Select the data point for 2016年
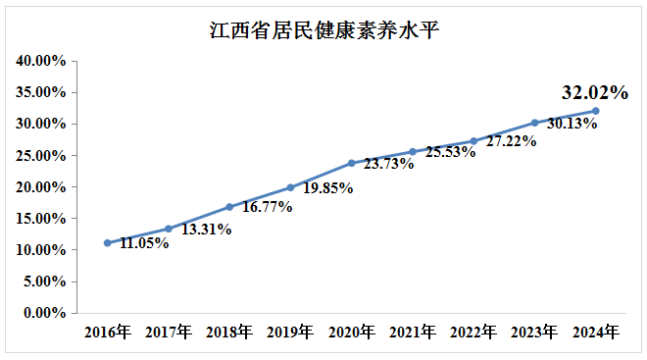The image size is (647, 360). [107, 243]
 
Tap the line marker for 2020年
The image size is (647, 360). [351, 163]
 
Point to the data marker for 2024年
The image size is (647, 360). [595, 111]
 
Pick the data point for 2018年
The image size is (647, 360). [229, 207]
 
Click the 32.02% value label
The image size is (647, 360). [594, 93]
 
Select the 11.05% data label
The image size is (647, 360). [144, 243]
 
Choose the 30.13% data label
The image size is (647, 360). [572, 125]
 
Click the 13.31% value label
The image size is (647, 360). [206, 230]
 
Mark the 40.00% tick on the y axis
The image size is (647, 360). [41, 61]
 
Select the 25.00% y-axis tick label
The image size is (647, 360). [41, 156]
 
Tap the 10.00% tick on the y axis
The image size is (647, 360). [41, 250]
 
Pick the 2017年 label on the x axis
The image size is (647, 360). [169, 333]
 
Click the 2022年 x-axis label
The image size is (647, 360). [473, 333]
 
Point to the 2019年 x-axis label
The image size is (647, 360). [290, 333]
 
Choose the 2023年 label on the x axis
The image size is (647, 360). [534, 333]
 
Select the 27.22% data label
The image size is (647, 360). [510, 141]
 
